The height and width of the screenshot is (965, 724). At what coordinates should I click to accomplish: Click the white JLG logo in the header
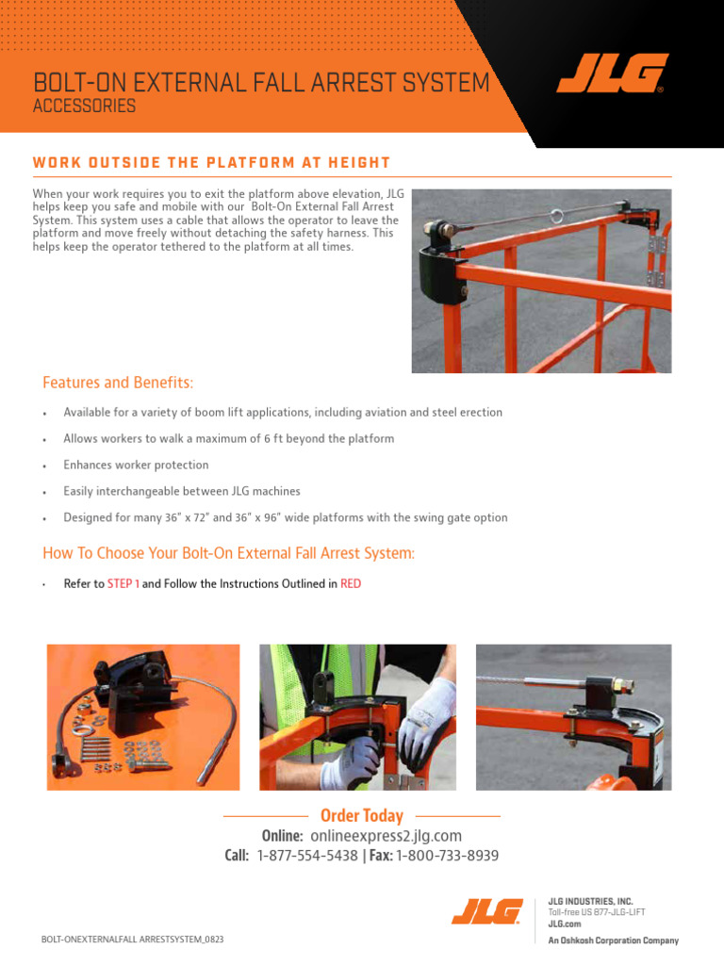point(612,74)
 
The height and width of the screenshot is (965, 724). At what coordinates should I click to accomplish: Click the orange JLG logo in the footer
point(486,911)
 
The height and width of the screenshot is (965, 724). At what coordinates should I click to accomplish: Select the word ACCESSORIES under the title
point(84,106)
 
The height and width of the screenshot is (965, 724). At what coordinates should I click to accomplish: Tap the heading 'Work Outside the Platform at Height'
point(211,162)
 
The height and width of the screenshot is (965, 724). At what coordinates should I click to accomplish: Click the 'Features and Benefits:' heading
point(118,383)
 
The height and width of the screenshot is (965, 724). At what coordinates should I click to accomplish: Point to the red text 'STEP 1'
point(123,584)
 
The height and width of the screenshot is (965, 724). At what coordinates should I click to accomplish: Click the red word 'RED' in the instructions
point(351,584)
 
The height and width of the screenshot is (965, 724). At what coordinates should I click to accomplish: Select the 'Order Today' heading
point(361,816)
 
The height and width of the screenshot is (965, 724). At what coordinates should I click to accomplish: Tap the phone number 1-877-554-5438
point(307,856)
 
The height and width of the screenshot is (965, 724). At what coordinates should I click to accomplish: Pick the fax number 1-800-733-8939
point(447,856)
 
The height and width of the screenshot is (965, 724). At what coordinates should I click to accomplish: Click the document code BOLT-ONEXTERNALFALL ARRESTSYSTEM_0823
point(133,940)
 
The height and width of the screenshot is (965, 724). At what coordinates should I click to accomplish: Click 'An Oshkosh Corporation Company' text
point(613,940)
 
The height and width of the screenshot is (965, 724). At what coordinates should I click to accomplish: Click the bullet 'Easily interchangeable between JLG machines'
point(182,492)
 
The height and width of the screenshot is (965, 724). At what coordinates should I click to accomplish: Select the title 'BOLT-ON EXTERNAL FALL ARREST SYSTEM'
point(261,83)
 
